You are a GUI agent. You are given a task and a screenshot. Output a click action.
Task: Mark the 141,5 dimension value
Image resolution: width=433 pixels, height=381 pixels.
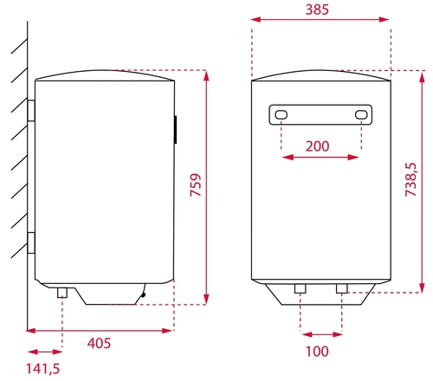43,370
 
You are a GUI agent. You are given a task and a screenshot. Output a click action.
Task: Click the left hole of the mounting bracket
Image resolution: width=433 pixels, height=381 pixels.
281,114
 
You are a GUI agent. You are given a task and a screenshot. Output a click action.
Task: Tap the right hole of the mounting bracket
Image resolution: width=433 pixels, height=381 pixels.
360,114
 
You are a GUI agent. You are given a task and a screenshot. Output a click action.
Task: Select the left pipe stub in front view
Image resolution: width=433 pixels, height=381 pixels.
299,288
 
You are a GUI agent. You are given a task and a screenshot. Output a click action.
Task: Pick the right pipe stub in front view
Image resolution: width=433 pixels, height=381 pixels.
340,288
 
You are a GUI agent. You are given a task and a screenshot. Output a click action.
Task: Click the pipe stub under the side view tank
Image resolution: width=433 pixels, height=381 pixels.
62,293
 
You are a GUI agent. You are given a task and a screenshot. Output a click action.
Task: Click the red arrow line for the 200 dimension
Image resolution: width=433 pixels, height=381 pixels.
320,157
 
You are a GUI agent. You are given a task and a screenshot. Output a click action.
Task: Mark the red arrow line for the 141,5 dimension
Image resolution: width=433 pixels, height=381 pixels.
44,351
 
